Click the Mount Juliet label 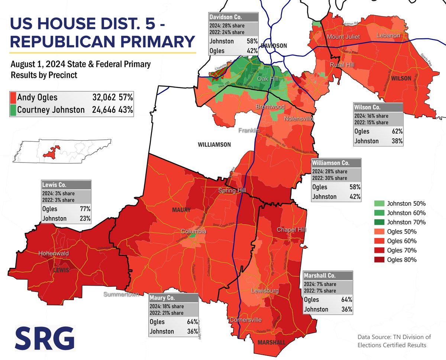(342, 37)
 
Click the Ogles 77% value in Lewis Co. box (85, 209)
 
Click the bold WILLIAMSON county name (214, 144)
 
